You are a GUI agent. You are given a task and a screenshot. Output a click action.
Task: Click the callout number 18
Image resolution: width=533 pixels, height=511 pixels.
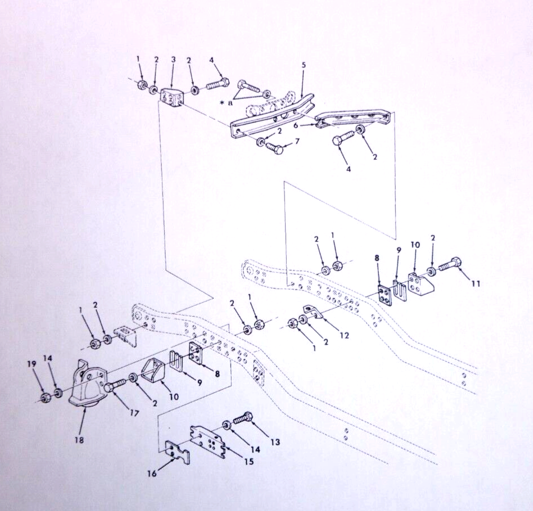(79, 440)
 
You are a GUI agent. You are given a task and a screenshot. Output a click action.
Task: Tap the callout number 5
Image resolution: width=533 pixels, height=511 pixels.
(304, 65)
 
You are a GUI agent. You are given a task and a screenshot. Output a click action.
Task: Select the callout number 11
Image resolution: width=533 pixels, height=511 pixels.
(476, 283)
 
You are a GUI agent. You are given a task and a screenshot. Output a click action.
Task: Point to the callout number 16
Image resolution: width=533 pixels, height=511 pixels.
(152, 473)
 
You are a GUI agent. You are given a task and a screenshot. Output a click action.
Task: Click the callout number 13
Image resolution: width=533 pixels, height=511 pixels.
(275, 442)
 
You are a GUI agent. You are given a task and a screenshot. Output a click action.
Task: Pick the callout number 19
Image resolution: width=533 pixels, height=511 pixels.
(31, 364)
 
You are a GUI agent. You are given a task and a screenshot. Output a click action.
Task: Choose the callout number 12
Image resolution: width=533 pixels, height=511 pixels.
(344, 335)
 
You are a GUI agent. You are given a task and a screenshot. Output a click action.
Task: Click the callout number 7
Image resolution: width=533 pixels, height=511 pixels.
(297, 141)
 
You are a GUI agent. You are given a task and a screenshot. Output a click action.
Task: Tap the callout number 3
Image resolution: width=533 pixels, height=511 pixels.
(173, 60)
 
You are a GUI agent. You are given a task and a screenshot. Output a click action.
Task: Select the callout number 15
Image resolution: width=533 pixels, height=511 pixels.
(249, 461)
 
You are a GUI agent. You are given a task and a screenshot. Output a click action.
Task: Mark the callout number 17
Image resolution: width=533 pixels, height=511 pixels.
(134, 413)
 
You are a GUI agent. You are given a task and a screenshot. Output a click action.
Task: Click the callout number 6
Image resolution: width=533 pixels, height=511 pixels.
(296, 125)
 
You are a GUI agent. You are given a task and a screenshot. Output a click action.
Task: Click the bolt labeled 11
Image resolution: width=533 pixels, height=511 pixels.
(450, 266)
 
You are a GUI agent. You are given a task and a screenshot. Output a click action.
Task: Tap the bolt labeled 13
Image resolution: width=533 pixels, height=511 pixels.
(242, 419)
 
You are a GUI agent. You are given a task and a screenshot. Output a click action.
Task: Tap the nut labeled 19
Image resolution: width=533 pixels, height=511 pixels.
(44, 397)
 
